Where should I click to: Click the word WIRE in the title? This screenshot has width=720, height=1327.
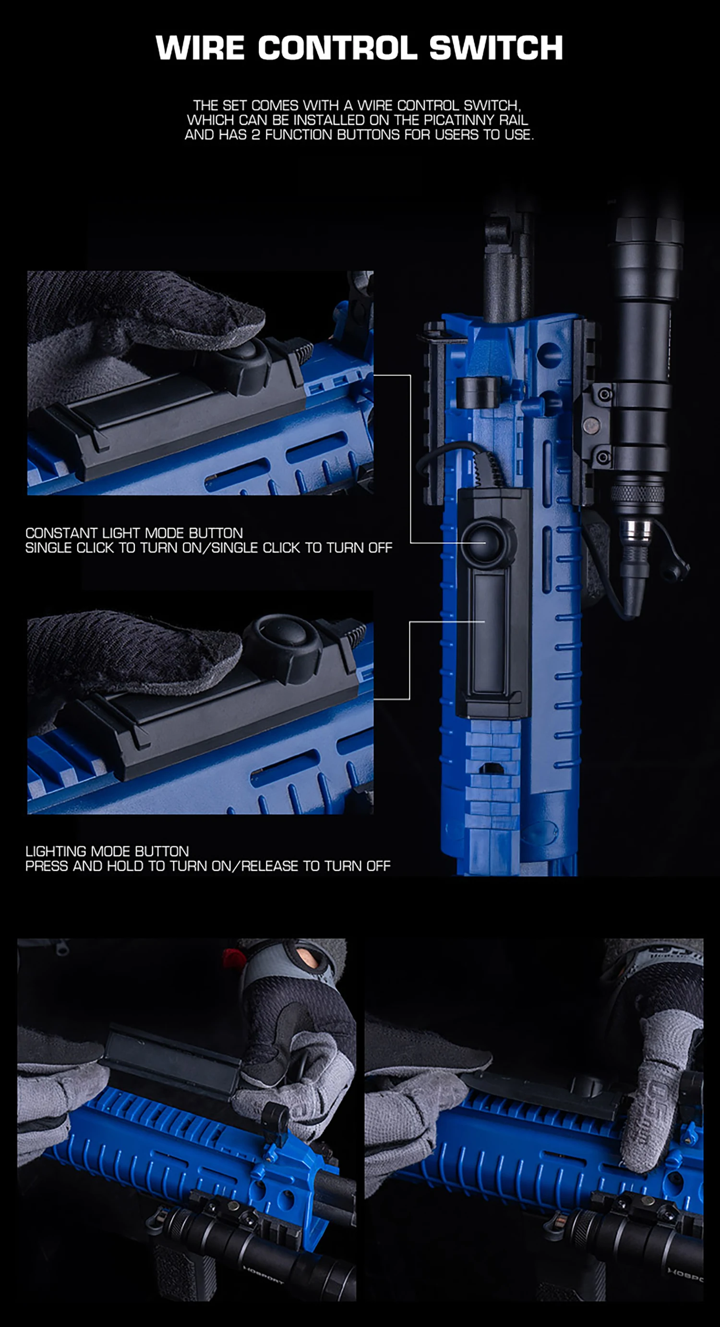point(200,49)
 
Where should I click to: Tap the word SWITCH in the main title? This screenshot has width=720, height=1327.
point(496,49)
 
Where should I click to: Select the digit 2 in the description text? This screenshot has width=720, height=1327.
point(255,135)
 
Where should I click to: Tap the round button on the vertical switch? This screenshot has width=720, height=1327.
point(487,542)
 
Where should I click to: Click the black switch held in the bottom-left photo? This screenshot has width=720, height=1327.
point(170,1064)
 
